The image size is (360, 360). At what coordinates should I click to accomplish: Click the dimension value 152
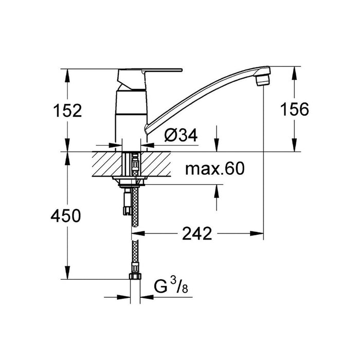67,110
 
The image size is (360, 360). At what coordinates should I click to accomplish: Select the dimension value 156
294,110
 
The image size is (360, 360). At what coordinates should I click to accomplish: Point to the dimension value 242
197,234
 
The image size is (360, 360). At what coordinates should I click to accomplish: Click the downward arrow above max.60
217,146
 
